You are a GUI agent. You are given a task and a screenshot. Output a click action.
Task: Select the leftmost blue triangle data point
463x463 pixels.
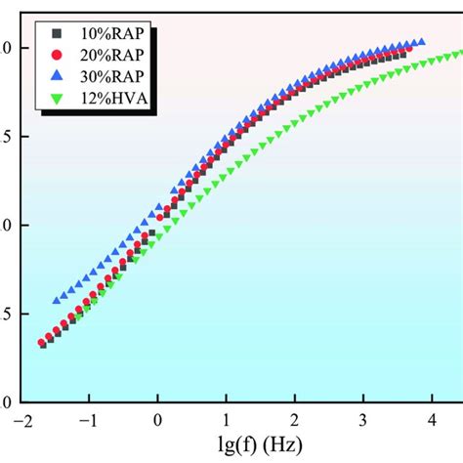56,301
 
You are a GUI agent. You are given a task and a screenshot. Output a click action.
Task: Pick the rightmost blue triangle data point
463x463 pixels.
421,42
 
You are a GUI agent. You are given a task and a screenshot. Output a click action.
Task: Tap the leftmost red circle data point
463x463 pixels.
41,343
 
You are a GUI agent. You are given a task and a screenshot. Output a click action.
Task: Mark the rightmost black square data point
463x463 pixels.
400,55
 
